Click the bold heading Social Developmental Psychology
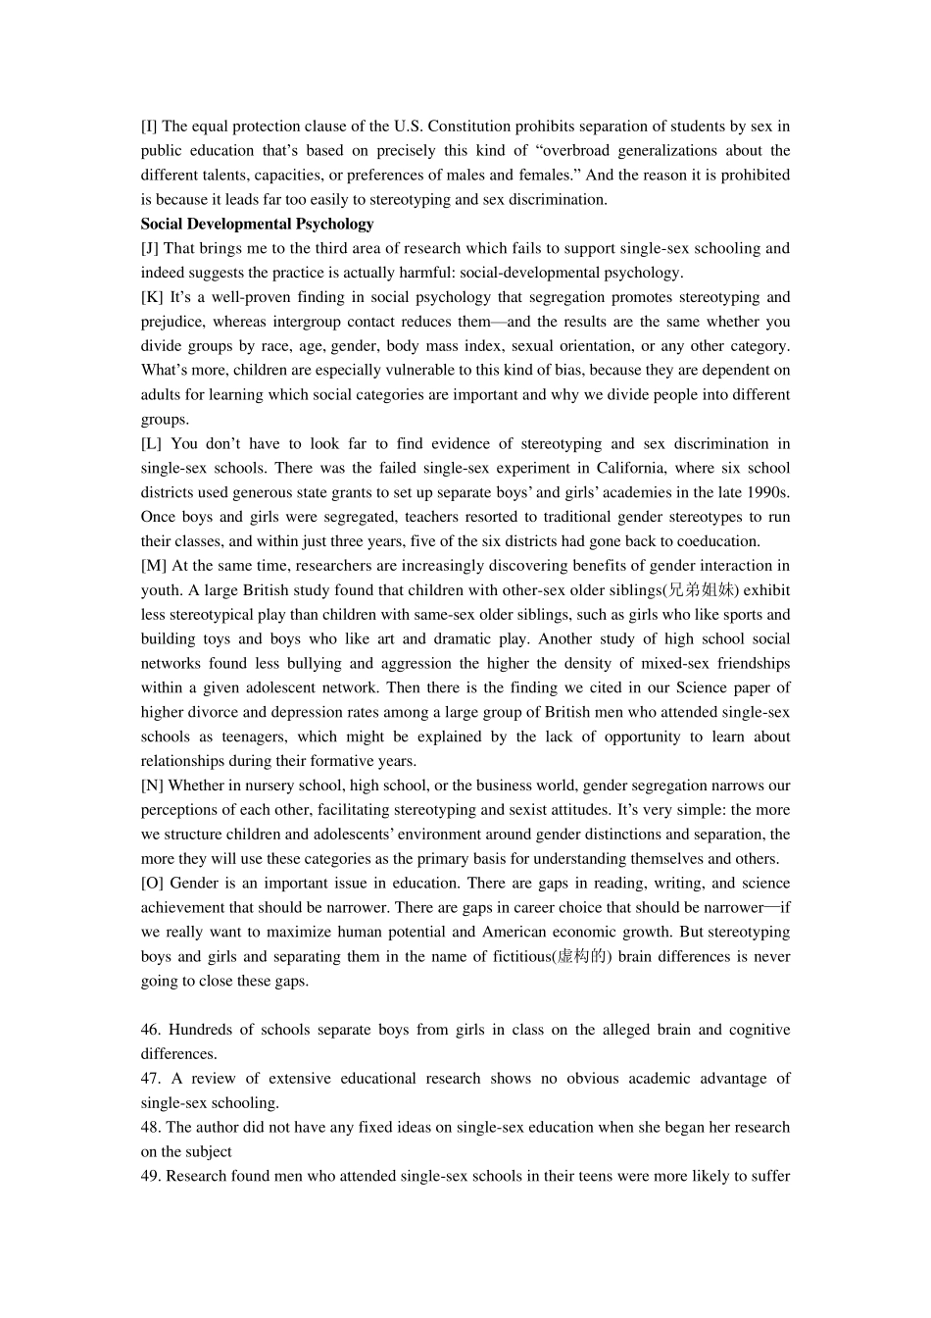[257, 224]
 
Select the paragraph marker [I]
[149, 127]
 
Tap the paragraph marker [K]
[152, 297]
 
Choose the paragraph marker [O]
[152, 884]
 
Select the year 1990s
[769, 492]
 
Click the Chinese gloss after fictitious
[583, 957]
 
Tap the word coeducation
[716, 541]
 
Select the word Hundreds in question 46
[201, 1030]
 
